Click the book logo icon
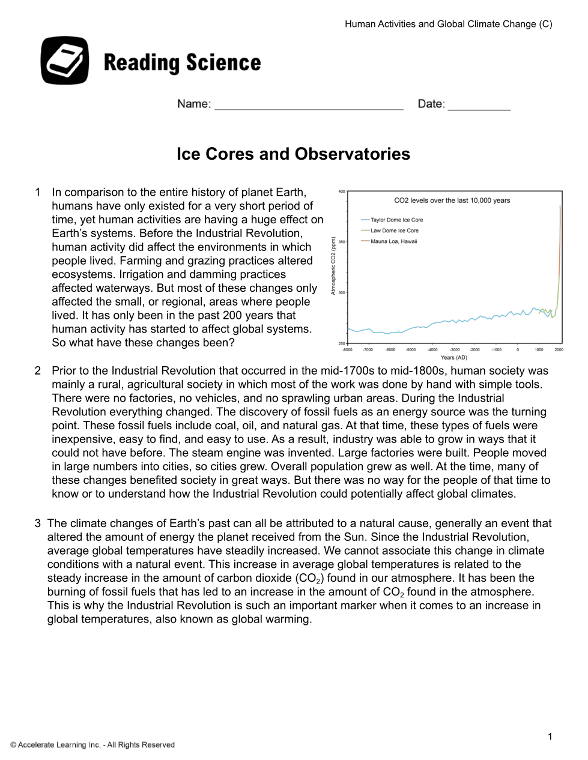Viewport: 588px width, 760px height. point(65,61)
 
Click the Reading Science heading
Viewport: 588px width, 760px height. point(182,62)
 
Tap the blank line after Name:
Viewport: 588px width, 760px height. point(309,105)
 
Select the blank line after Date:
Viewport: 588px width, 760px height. point(479,105)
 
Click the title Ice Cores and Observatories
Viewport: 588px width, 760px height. point(293,154)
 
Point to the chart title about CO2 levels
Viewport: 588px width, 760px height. point(452,201)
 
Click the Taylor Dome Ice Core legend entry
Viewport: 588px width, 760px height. point(396,220)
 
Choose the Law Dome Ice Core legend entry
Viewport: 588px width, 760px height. point(394,231)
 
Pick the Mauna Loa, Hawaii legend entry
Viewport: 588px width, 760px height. point(393,241)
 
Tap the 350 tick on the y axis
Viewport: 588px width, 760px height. point(342,242)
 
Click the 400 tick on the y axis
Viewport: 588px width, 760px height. point(342,192)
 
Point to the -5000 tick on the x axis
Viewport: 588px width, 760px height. point(411,349)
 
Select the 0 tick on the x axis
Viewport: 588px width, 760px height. point(518,349)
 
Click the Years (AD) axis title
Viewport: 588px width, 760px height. point(453,357)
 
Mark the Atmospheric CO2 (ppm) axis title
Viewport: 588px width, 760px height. point(333,266)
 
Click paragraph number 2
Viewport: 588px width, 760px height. point(38,371)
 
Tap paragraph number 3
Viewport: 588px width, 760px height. point(38,523)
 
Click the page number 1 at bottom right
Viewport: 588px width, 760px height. point(550,737)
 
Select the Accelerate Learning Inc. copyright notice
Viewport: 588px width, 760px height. point(92,745)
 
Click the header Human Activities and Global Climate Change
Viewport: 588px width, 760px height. point(448,24)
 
